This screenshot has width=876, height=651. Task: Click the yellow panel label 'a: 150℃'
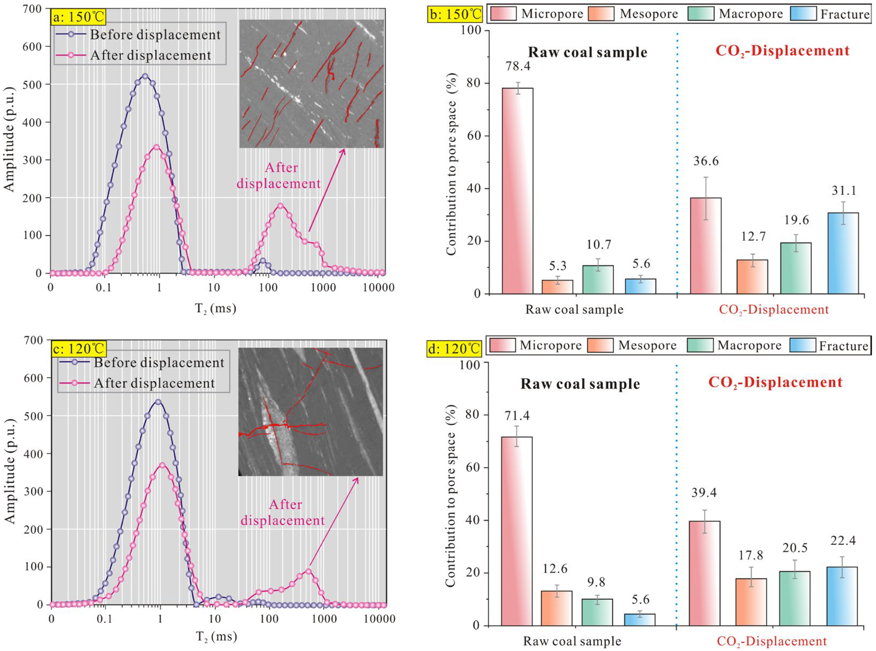[x=78, y=17]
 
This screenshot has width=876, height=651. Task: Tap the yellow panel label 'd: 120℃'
[x=454, y=348]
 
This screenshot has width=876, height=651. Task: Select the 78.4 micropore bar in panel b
[x=517, y=191]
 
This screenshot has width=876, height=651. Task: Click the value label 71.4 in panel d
[x=517, y=415]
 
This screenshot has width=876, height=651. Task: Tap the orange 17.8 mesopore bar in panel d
[x=751, y=602]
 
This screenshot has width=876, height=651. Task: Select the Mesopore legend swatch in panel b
[x=601, y=14]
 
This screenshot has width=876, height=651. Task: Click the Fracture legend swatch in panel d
[x=803, y=345]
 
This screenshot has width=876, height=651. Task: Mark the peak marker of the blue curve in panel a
[x=145, y=76]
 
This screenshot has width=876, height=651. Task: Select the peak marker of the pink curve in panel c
[x=162, y=465]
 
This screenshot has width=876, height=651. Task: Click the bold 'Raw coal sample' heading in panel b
[x=588, y=52]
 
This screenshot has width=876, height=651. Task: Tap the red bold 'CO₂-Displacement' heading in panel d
[x=775, y=383]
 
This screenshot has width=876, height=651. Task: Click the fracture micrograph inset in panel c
[x=310, y=412]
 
